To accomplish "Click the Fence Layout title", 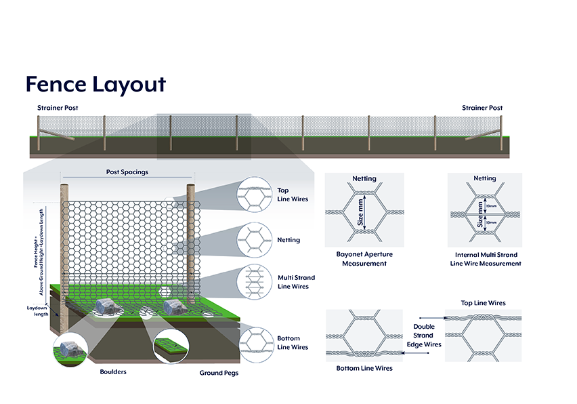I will tap(95, 84).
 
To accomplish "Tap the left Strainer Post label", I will tap(58, 108).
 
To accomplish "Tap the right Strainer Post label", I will tap(482, 108).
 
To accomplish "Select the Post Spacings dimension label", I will tap(127, 172).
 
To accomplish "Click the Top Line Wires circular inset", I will tap(255, 195).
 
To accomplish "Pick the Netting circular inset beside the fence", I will tap(255, 240).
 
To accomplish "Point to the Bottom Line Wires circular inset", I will tap(255, 342).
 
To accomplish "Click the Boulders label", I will tap(113, 371).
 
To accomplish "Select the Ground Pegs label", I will tap(219, 373).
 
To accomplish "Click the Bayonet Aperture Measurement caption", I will tap(364, 258).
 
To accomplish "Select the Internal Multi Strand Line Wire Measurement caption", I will tap(486, 258).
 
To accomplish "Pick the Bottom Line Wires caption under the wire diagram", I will tap(364, 368).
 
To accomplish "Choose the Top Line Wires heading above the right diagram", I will tap(483, 303).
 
